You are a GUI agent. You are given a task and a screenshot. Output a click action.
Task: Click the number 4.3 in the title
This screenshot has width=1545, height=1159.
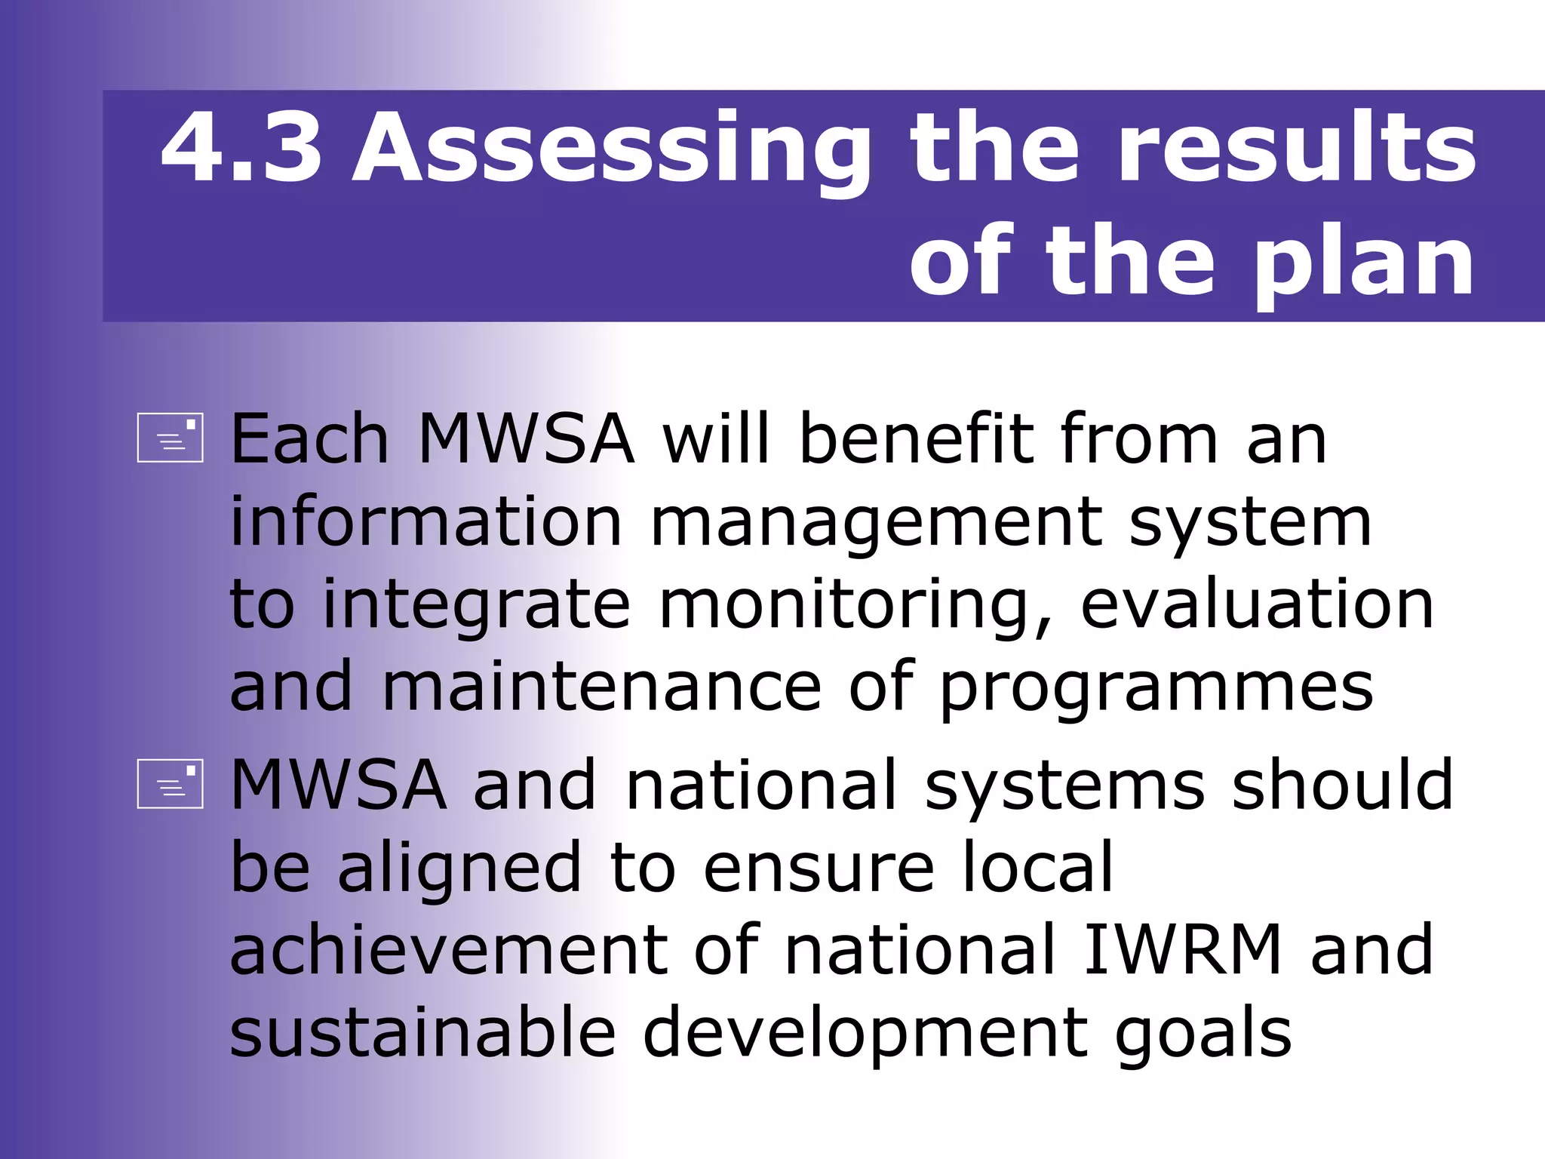[x=241, y=147]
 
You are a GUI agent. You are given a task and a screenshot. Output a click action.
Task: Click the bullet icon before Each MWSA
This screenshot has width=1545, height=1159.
[x=170, y=437]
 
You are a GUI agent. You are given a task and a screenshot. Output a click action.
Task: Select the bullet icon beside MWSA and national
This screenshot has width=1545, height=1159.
[x=170, y=783]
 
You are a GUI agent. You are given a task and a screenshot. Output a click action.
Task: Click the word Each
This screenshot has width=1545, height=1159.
[x=309, y=438]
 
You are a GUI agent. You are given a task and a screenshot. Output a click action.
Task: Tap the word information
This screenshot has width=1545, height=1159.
[x=425, y=521]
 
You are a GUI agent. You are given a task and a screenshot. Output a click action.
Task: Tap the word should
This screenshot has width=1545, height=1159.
[x=1342, y=785]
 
